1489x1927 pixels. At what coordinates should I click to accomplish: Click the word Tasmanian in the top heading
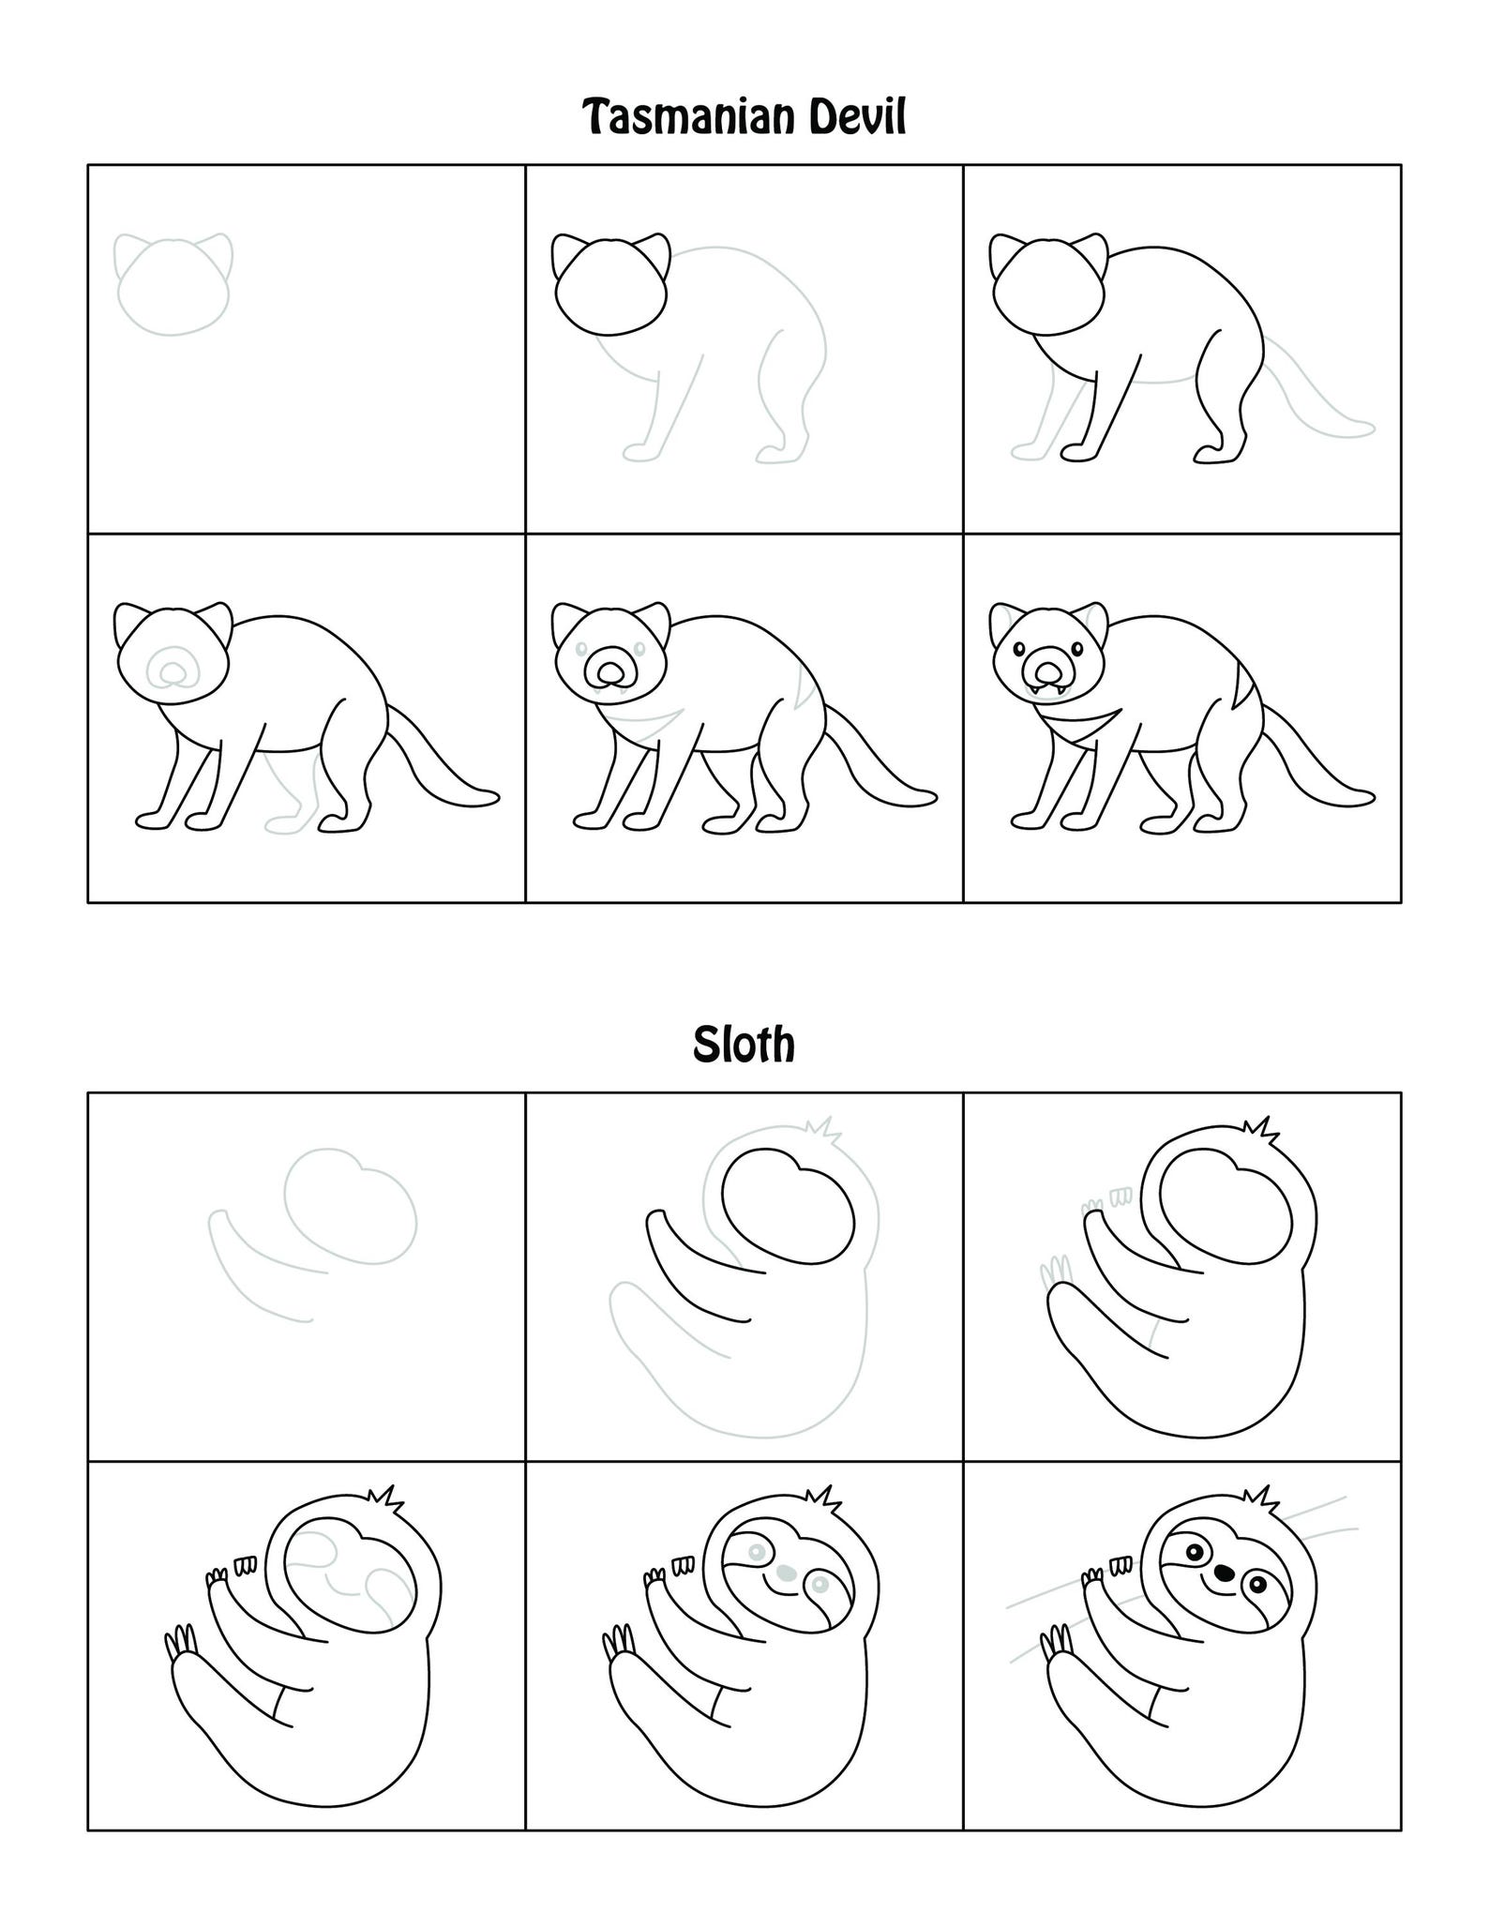(690, 118)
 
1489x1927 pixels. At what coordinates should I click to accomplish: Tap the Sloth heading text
(744, 1045)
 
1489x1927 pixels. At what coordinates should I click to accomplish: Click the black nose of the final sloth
(1223, 1572)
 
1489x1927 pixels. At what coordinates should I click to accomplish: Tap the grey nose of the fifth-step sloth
(786, 1571)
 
